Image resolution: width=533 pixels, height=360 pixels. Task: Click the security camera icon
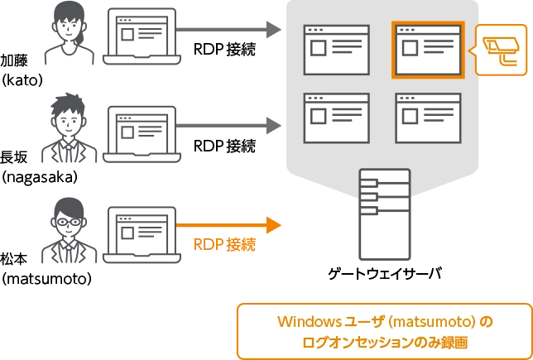click(502, 50)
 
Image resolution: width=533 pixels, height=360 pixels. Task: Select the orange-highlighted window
click(428, 50)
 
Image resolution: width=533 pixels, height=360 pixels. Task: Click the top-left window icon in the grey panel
click(337, 50)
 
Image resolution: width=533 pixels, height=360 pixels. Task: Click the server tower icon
click(384, 215)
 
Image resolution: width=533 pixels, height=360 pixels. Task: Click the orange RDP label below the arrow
click(224, 245)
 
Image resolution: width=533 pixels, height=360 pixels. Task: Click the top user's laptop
click(142, 35)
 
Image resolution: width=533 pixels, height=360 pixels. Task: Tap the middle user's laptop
click(142, 130)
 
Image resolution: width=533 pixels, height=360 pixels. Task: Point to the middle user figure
click(64, 128)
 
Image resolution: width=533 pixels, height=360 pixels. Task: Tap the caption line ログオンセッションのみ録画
click(384, 341)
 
